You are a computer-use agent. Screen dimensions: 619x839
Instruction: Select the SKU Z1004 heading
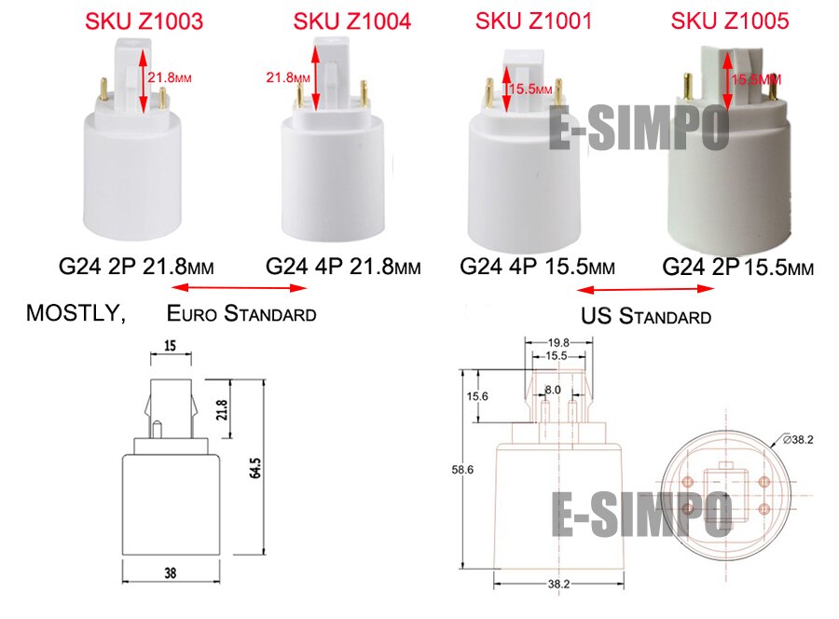[x=351, y=21]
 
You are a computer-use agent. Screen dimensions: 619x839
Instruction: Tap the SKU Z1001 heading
[x=533, y=21]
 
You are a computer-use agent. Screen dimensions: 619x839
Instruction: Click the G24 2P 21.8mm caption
[x=136, y=267]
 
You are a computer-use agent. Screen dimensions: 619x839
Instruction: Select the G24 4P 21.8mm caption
[x=343, y=267]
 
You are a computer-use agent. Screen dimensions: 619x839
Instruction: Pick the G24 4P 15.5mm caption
[x=538, y=267]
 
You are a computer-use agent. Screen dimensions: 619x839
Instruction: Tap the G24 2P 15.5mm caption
[x=738, y=268]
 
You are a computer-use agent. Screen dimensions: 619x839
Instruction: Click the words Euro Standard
[x=241, y=313]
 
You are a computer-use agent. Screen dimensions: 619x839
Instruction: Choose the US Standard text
[x=646, y=316]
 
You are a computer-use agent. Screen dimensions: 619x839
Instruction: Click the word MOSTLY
[x=76, y=313]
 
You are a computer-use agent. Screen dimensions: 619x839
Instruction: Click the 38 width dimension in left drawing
[x=170, y=571]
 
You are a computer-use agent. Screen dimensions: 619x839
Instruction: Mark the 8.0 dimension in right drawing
[x=553, y=390]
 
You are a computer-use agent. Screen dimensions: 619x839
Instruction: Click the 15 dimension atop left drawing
[x=170, y=345]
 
